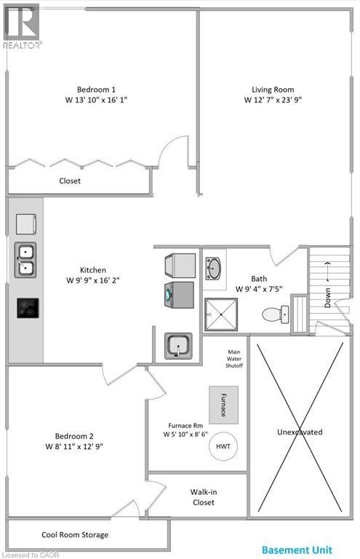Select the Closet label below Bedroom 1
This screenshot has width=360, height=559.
70,181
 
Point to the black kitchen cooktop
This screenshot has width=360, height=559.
28,308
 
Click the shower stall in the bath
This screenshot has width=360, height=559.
220,314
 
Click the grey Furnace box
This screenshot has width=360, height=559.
224,403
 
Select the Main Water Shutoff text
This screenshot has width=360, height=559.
233,359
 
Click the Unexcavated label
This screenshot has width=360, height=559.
299,432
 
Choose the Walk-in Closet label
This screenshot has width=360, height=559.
204,497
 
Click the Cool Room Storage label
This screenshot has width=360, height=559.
75,535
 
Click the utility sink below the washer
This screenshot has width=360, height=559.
177,346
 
